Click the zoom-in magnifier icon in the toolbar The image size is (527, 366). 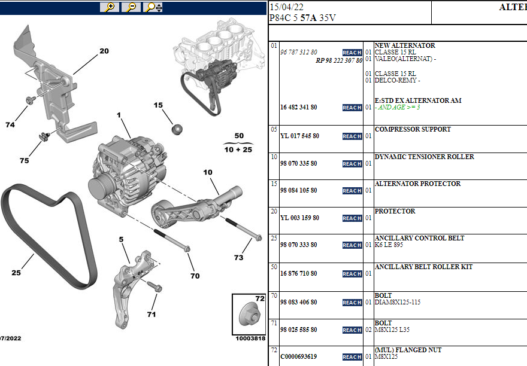click(x=109, y=7)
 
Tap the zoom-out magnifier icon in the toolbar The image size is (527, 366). click(x=131, y=7)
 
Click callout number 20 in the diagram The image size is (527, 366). click(x=104, y=51)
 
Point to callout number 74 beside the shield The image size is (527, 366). click(x=10, y=124)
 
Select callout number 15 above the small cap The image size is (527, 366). click(x=158, y=105)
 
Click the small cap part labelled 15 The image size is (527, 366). click(x=177, y=129)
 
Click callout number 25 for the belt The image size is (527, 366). click(x=16, y=273)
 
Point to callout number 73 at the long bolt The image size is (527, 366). click(x=239, y=258)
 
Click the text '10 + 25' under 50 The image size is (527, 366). click(x=239, y=150)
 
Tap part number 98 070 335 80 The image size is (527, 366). click(x=298, y=163)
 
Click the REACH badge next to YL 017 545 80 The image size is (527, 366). click(x=352, y=136)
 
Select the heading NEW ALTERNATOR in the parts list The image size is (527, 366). click(x=404, y=45)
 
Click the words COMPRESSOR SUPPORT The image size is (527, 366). click(x=413, y=129)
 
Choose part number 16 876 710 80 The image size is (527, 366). click(x=298, y=273)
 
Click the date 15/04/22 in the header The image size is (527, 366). click(x=286, y=7)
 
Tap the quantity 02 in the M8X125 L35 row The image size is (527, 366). click(x=368, y=330)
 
